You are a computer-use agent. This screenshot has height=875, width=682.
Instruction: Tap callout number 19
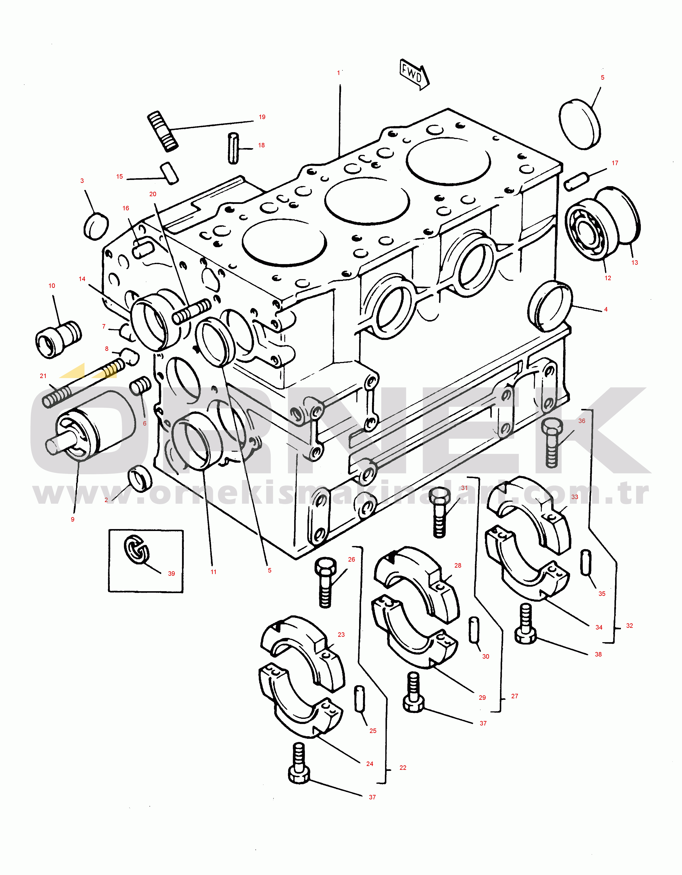[262, 117]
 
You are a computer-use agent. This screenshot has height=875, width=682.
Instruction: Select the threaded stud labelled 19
[163, 131]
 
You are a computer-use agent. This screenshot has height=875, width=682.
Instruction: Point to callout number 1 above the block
[338, 73]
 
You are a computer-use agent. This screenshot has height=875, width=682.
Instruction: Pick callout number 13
[634, 263]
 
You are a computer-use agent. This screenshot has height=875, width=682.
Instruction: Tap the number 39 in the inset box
[171, 573]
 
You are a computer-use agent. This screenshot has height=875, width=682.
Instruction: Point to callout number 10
[52, 286]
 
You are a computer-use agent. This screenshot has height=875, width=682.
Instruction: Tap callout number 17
[615, 163]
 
